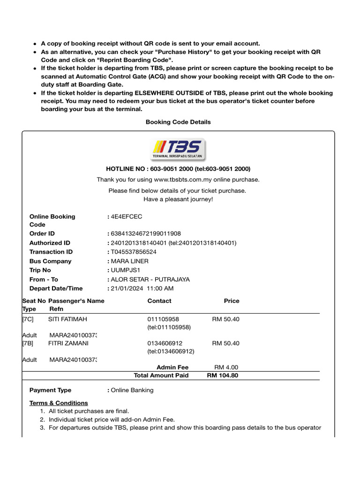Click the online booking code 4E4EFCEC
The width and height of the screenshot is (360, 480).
(x=126, y=217)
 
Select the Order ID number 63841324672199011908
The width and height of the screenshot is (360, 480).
(x=146, y=233)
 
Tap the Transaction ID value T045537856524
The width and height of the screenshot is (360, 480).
(x=134, y=252)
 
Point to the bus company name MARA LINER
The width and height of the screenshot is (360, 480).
(x=129, y=261)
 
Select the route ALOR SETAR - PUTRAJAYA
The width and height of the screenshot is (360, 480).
(x=150, y=279)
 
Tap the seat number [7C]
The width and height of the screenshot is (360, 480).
(x=28, y=319)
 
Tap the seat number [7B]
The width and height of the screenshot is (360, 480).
(x=28, y=343)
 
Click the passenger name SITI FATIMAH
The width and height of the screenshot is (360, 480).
(x=67, y=319)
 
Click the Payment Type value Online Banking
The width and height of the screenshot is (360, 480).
(x=132, y=390)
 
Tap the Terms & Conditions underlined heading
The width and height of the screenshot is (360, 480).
(x=59, y=403)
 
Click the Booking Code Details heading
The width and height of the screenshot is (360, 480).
(x=178, y=122)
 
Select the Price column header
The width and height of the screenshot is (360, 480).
(x=232, y=301)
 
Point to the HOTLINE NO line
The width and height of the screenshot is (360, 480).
(x=178, y=169)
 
